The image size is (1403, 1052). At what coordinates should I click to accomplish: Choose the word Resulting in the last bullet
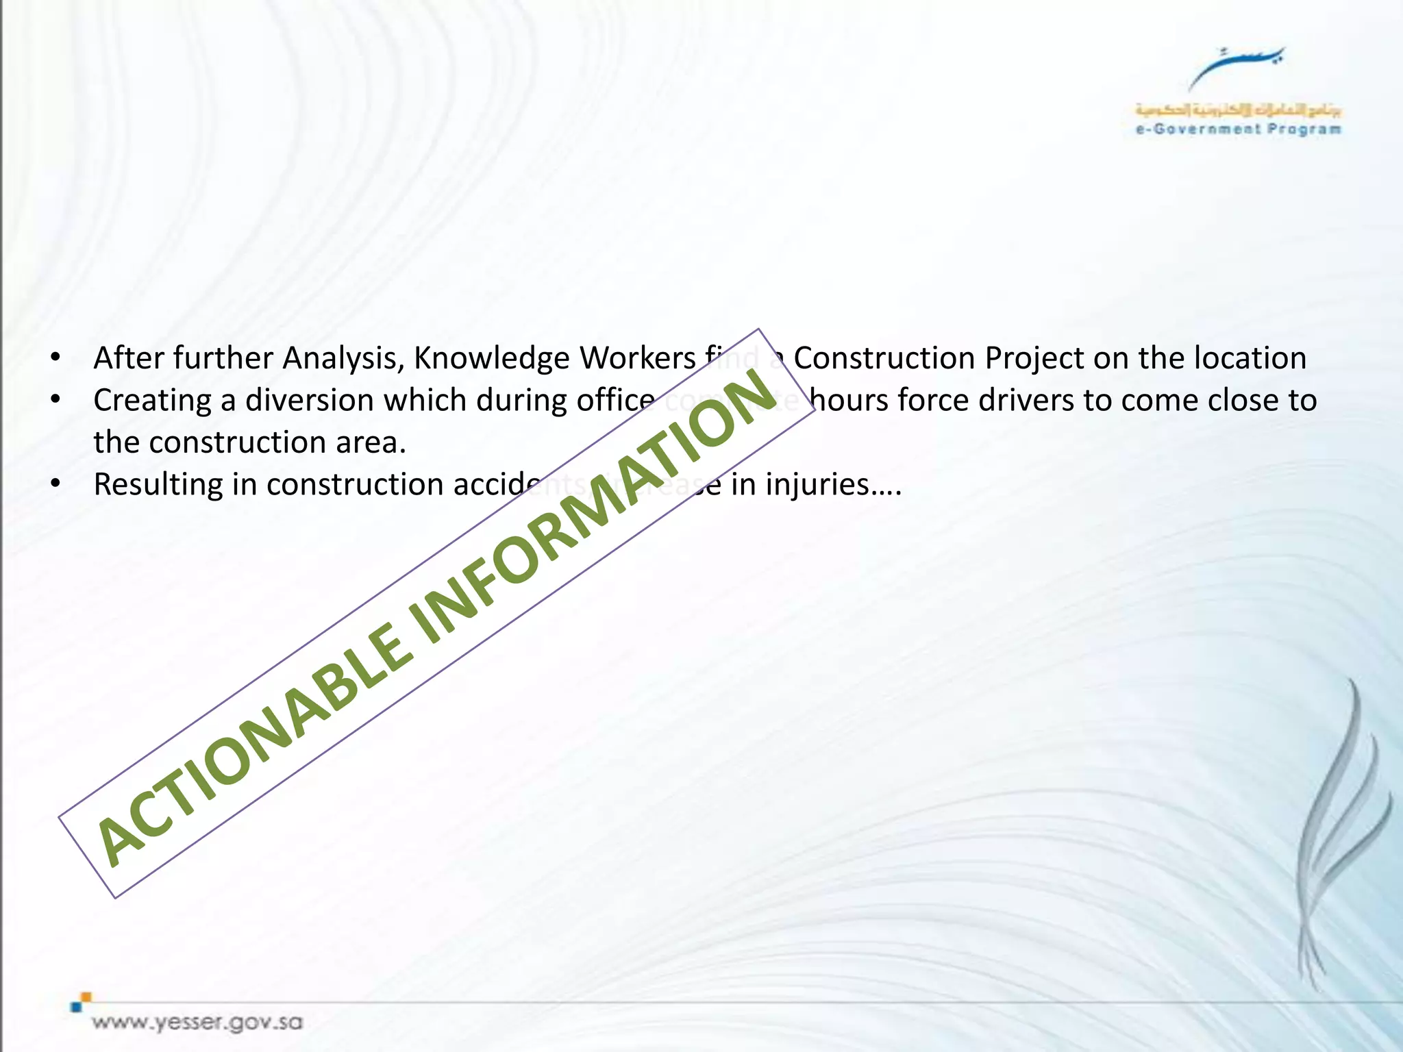coord(158,485)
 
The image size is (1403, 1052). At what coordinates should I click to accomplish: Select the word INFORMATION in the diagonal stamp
coord(596,500)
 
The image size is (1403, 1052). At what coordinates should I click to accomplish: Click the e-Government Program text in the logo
coord(1238,129)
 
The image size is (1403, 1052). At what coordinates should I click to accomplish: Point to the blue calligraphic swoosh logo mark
coord(1236,65)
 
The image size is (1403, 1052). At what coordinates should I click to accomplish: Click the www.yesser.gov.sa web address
coord(197,1023)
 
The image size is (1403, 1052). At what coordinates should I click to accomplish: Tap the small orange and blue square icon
coord(81,1001)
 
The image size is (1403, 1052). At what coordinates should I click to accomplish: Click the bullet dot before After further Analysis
coord(56,358)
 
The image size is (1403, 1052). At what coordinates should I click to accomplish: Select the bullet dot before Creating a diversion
coord(56,400)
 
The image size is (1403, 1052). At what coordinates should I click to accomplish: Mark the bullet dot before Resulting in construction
coord(56,484)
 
